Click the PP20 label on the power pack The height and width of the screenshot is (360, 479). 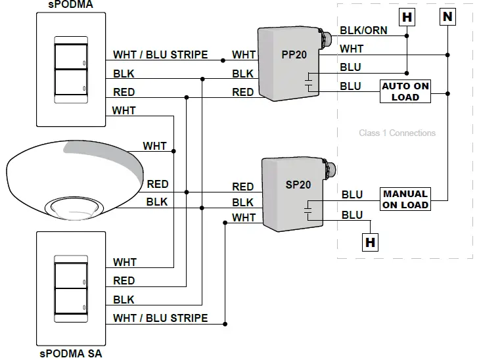click(294, 55)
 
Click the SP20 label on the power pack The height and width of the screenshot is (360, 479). click(298, 185)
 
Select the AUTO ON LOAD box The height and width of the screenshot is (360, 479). click(405, 92)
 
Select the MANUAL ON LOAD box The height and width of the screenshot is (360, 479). click(405, 199)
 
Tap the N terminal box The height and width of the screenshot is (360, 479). click(447, 16)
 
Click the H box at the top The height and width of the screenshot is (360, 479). click(407, 16)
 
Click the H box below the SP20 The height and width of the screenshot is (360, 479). click(371, 242)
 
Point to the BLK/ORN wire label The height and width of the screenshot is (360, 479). click(363, 30)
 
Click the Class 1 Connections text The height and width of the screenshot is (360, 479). click(397, 133)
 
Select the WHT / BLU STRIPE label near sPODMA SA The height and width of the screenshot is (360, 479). click(160, 318)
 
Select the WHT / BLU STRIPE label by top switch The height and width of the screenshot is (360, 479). click(160, 55)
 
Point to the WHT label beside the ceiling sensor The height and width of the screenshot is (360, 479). click(155, 146)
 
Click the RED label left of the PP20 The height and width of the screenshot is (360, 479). click(242, 93)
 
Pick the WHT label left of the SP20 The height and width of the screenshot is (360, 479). click(244, 217)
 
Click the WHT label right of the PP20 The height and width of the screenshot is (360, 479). click(352, 49)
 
